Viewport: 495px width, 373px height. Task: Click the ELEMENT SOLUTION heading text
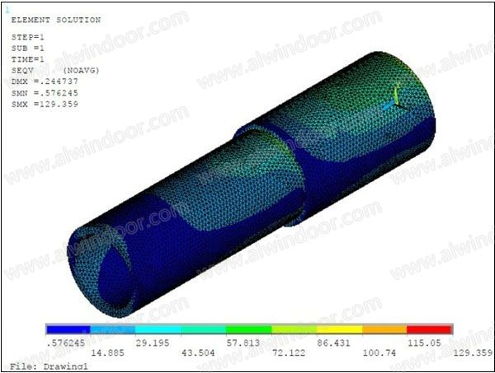pyautogui.click(x=56, y=20)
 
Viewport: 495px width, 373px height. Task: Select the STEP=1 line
pyautogui.click(x=28, y=37)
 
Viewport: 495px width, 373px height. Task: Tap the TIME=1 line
pyautogui.click(x=28, y=59)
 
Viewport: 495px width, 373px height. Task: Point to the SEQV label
pyautogui.click(x=22, y=70)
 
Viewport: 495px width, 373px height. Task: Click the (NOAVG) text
pyautogui.click(x=81, y=70)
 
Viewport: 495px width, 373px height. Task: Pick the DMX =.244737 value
pyautogui.click(x=45, y=82)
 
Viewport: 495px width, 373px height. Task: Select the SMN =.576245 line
pyautogui.click(x=45, y=93)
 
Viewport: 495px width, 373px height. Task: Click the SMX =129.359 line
pyautogui.click(x=45, y=104)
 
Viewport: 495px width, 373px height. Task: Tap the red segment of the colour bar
pyautogui.click(x=429, y=329)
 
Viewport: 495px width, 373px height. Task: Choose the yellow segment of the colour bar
pyautogui.click(x=339, y=329)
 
